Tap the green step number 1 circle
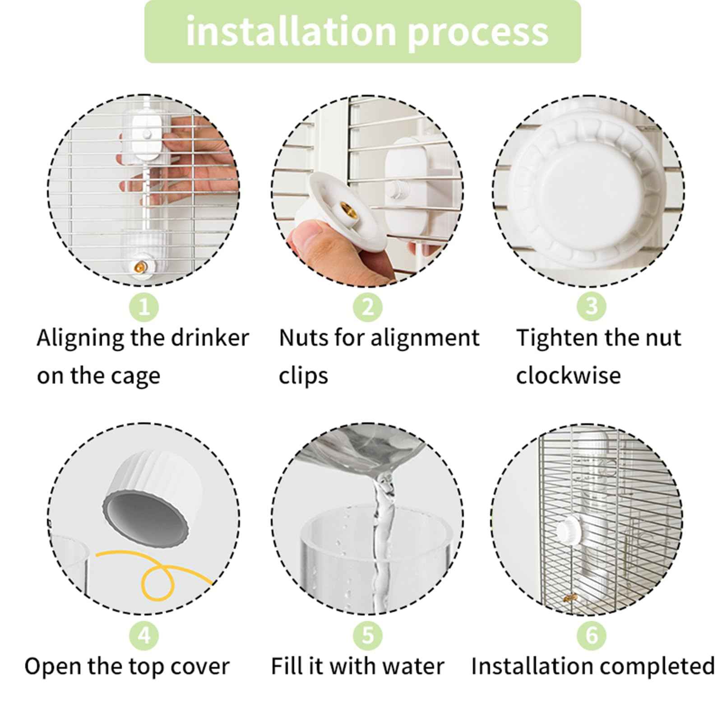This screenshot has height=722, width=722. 144,307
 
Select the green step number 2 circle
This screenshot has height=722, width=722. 368,307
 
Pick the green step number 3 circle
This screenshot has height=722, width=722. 592,307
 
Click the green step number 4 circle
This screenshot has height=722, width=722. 144,635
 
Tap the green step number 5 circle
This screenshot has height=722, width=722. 368,635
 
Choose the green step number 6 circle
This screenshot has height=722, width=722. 592,635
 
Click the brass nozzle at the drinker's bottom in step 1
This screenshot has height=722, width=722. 139,268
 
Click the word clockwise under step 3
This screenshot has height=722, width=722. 568,376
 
